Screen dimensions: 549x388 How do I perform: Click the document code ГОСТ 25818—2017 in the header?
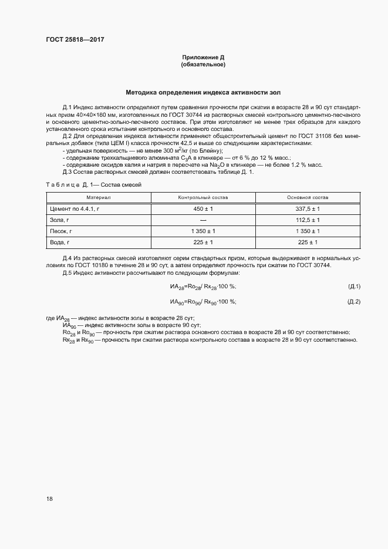click(75, 40)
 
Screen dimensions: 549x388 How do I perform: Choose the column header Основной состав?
click(308, 197)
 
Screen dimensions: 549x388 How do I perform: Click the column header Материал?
click(99, 197)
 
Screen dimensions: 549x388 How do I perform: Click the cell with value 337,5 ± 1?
click(308, 208)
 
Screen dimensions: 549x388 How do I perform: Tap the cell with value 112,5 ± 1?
click(308, 220)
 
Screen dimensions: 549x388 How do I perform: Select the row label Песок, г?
click(62, 231)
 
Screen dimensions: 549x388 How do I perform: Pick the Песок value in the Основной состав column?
click(308, 231)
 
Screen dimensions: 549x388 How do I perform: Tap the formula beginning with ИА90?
click(203, 302)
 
